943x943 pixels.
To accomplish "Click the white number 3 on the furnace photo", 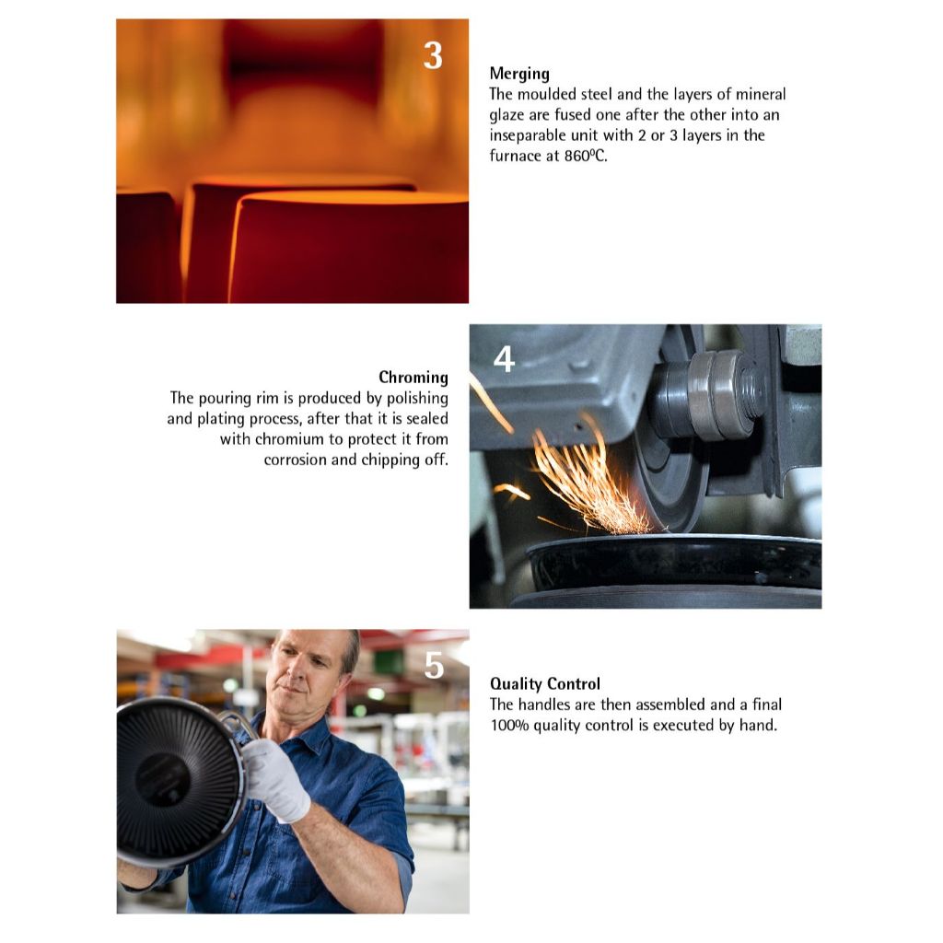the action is click(433, 55).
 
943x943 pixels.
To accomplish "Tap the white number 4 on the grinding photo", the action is click(504, 359).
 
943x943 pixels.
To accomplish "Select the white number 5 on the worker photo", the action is click(434, 665).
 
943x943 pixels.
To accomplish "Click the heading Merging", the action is click(519, 74).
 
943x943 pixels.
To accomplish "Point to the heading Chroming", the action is click(413, 377).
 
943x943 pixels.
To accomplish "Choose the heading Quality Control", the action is click(545, 684).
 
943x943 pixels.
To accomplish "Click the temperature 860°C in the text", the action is click(585, 156).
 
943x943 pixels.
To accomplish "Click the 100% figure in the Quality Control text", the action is click(509, 726).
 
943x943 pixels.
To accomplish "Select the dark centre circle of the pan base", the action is click(162, 779).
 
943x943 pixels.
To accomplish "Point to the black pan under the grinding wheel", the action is click(673, 563).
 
